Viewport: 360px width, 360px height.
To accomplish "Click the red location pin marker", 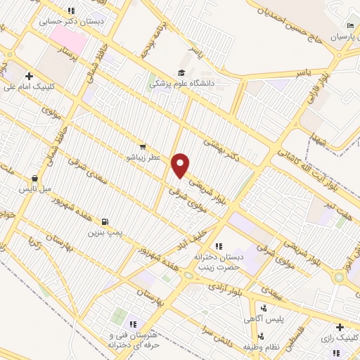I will pyautogui.click(x=181, y=165).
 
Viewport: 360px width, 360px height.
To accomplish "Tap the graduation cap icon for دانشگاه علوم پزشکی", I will pyautogui.click(x=181, y=72).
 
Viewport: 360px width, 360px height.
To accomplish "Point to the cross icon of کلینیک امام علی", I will pyautogui.click(x=29, y=76).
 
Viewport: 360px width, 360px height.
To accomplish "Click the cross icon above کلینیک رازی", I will pyautogui.click(x=340, y=327).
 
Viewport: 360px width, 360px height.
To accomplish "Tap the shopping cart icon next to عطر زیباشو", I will pyautogui.click(x=143, y=148).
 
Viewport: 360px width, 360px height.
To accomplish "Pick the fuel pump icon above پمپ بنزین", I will pyautogui.click(x=105, y=221).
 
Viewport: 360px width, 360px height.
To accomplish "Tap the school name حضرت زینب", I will pyautogui.click(x=219, y=267).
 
